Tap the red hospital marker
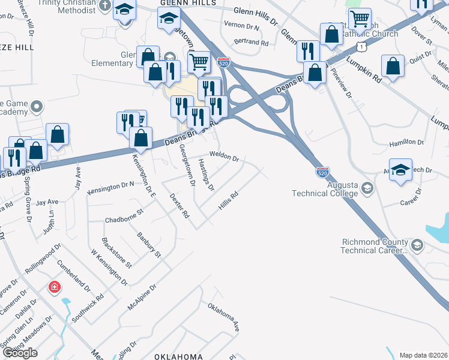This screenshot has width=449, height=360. click(x=55, y=287)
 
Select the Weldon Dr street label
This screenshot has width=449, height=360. click(x=224, y=157)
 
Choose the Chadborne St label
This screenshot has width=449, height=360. click(x=125, y=215)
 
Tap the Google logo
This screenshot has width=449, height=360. click(x=20, y=353)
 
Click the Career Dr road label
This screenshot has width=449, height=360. click(x=411, y=196)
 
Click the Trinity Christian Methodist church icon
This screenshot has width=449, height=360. click(x=106, y=5)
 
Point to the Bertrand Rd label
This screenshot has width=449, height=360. click(x=252, y=43)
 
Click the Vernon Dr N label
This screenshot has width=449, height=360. click(x=241, y=26)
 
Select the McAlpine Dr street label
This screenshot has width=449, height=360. click(x=142, y=298)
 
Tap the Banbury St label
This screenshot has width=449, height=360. click(x=149, y=245)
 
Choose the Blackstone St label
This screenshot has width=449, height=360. click(x=116, y=253)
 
